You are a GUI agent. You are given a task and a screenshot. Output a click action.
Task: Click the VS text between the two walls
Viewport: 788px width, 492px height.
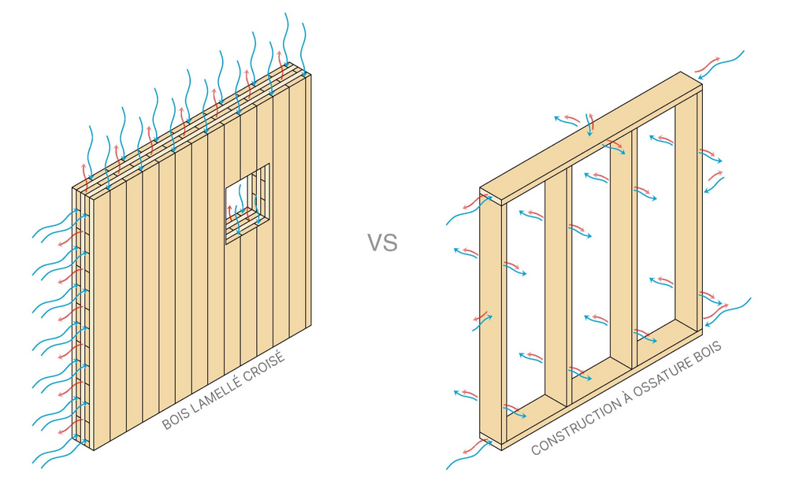point(382,242)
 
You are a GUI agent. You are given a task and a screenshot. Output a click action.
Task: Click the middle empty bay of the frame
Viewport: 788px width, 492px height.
point(600,260)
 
